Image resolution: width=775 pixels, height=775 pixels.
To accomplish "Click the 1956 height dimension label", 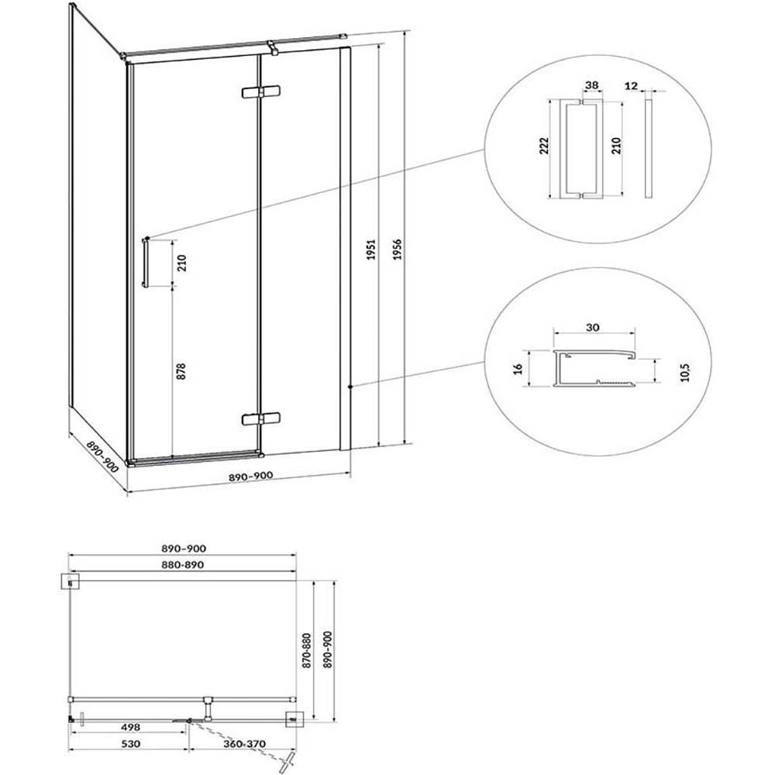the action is (x=397, y=249).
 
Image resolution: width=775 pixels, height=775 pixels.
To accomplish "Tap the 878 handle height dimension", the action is (x=181, y=371).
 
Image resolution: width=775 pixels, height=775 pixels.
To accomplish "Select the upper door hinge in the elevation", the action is (x=260, y=92).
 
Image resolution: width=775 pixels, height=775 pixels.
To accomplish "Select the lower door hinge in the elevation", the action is (x=260, y=419).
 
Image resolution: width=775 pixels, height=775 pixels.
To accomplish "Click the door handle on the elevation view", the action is (x=146, y=263).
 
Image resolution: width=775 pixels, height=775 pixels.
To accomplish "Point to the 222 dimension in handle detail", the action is (x=544, y=146).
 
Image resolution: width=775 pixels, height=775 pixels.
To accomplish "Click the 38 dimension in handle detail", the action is (x=591, y=85).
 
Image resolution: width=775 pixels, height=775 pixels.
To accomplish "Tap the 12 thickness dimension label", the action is (x=631, y=86).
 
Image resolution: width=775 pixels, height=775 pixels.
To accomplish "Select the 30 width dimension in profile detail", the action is (x=593, y=327).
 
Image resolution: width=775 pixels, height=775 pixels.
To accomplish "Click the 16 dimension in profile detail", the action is (x=518, y=369).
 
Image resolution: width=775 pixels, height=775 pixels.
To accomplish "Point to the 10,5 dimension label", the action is (x=684, y=372).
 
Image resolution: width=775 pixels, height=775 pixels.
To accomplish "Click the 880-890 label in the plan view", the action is (x=183, y=564).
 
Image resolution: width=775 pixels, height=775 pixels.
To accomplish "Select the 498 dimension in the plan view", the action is (x=130, y=727).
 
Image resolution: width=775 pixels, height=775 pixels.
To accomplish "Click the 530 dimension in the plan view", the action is (x=130, y=744).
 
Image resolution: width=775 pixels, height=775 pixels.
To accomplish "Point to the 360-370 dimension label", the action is (x=244, y=744).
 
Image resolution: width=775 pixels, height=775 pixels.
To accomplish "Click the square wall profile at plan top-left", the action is (x=71, y=582).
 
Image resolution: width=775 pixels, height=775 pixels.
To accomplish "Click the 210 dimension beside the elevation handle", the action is (x=181, y=263).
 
